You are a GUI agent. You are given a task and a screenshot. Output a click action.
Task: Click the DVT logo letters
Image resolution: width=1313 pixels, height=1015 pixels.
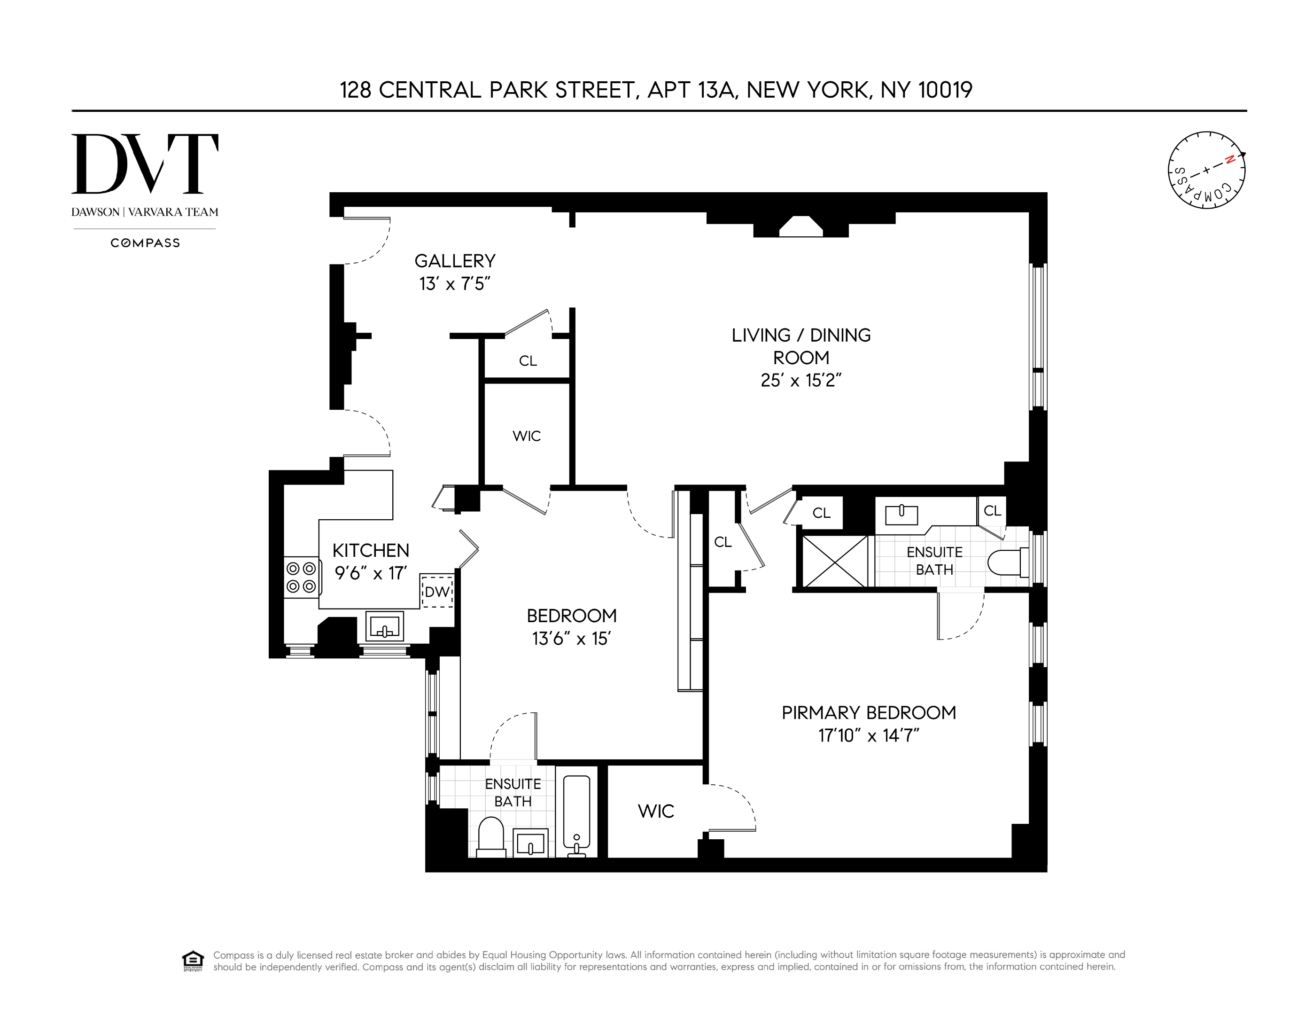144,164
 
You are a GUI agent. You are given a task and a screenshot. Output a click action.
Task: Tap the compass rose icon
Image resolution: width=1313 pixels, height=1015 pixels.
1206,170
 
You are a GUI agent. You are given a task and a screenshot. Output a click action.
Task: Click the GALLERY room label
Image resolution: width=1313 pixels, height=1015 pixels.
455,261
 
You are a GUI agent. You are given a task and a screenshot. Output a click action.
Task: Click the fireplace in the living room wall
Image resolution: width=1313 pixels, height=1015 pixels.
801,226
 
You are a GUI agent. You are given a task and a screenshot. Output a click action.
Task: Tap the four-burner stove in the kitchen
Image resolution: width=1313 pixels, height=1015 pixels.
301,577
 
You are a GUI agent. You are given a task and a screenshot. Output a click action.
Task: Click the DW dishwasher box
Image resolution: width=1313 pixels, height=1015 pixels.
437,591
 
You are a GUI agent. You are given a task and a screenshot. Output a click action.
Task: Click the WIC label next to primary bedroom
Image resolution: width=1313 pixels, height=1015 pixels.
655,811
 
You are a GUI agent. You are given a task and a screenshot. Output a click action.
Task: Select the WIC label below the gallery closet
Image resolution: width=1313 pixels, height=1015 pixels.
526,436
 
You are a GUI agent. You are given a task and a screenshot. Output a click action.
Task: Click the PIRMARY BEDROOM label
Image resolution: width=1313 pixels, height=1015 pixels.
868,712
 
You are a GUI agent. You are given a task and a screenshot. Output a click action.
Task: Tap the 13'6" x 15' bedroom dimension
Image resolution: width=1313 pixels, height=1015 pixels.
571,639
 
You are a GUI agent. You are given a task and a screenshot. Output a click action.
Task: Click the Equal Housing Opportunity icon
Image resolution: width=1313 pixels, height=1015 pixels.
193,960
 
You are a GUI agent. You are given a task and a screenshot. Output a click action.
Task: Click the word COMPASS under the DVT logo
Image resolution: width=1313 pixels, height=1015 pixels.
145,243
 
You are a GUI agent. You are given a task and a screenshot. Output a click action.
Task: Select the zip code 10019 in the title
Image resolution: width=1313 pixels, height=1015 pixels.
945,90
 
